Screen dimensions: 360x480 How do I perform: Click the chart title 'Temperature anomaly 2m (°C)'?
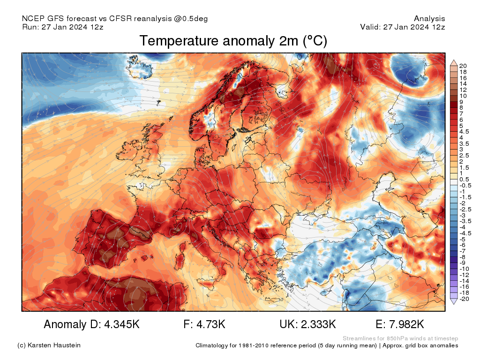[x=233, y=41]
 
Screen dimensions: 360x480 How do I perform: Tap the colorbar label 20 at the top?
[x=463, y=66]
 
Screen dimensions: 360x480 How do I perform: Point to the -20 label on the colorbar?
[x=465, y=299]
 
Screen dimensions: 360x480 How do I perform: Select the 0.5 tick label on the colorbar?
[x=465, y=179]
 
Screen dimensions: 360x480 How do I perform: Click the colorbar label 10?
[x=463, y=96]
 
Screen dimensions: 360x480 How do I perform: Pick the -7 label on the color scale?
[x=463, y=251]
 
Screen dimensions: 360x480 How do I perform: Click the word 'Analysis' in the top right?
[x=429, y=19]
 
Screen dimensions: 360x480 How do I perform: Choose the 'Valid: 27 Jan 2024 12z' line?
[x=402, y=27]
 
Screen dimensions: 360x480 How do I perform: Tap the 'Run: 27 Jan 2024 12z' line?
[x=62, y=27]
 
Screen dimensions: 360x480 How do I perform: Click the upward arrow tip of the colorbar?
[x=453, y=61]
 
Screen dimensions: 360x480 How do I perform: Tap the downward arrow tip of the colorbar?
[x=453, y=303]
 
